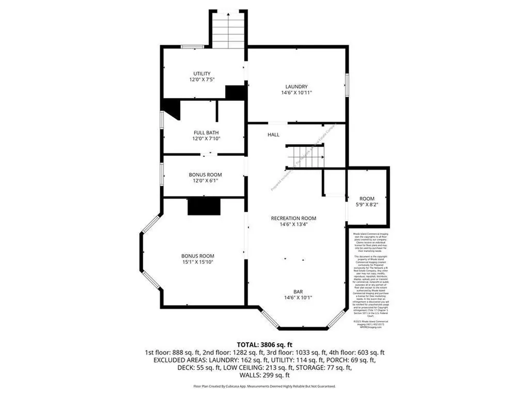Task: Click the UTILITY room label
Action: coord(202,73)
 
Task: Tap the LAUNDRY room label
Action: coord(297,86)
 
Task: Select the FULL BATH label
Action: coord(202,132)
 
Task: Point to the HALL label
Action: coord(273,134)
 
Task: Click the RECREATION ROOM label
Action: coord(293,218)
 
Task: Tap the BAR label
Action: coord(298,291)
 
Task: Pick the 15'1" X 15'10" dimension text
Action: coord(197,263)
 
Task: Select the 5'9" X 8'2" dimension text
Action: coord(367,205)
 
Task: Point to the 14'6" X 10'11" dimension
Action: coord(297,93)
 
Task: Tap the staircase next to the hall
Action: coord(306,156)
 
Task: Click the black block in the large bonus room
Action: coord(204,207)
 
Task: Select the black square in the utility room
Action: coord(235,93)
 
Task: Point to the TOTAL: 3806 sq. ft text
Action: coord(264,344)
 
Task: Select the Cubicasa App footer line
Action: coord(264,386)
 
